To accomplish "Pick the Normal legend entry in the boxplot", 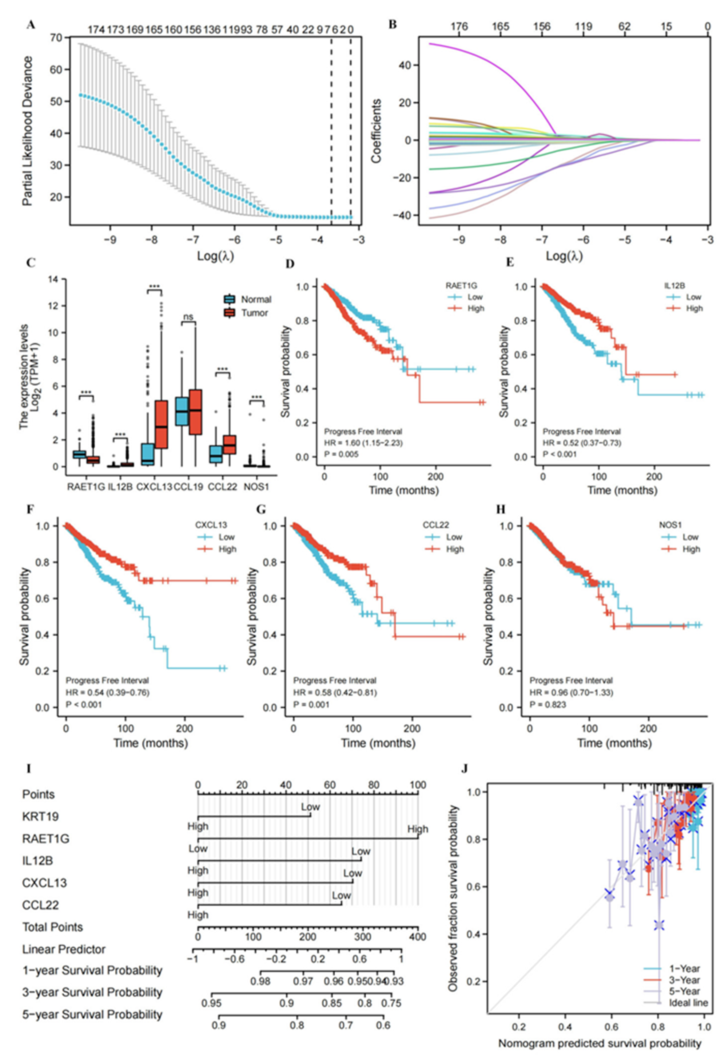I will point(256,299).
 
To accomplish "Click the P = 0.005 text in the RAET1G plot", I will point(341,454).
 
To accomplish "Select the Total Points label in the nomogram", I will point(53,927).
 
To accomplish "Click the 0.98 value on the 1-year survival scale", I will point(261,981).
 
